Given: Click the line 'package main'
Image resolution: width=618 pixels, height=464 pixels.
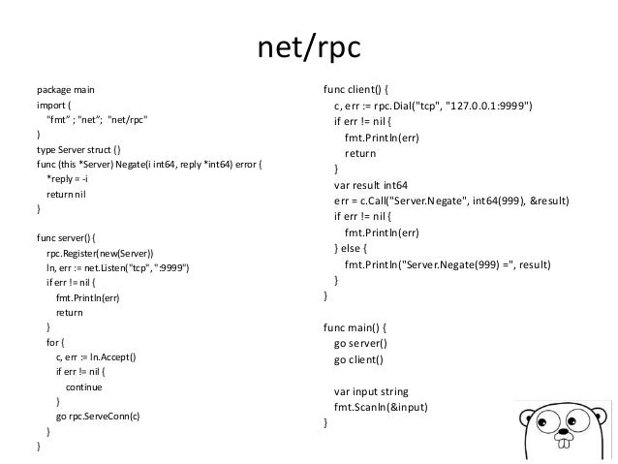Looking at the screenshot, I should tap(68, 90).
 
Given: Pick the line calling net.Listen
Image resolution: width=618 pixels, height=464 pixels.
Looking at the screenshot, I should tap(117, 268).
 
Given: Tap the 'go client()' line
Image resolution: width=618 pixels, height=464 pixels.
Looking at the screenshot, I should tap(358, 359).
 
